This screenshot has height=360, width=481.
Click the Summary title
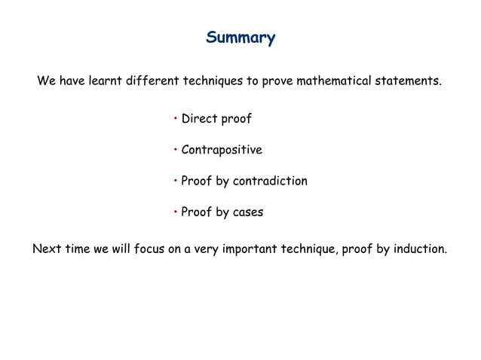(x=240, y=37)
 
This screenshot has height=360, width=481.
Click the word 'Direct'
(x=198, y=119)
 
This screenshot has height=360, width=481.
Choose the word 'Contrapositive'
(x=222, y=150)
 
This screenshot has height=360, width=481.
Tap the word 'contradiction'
(x=270, y=182)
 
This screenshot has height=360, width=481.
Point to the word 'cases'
(x=247, y=212)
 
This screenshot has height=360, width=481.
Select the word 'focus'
(x=150, y=249)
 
